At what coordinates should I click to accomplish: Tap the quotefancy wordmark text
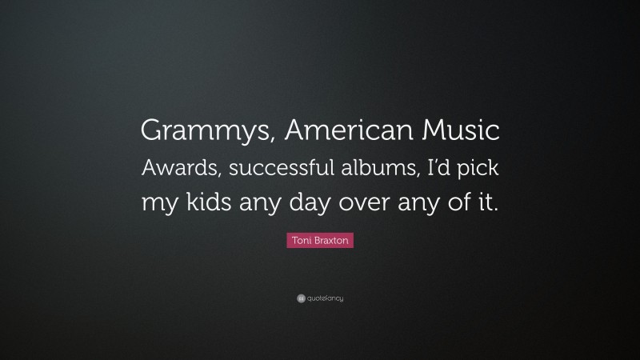coord(326,298)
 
